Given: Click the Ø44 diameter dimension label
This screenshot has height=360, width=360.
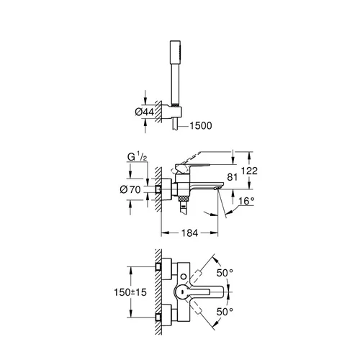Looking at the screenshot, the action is pyautogui.click(x=145, y=112).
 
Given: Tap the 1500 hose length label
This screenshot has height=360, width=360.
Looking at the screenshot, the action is pyautogui.click(x=201, y=126).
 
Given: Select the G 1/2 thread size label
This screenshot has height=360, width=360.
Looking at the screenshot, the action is pyautogui.click(x=137, y=157).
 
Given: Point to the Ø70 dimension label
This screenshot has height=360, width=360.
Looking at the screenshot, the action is pyautogui.click(x=130, y=189).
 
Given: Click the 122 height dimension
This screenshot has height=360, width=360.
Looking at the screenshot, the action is pyautogui.click(x=249, y=171).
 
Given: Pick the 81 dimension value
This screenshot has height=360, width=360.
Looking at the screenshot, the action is pyautogui.click(x=232, y=177).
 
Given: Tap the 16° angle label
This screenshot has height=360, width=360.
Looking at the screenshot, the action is pyautogui.click(x=246, y=201).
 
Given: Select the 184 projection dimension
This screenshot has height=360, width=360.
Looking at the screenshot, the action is pyautogui.click(x=189, y=233).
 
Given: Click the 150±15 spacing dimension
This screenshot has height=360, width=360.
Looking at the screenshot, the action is pyautogui.click(x=130, y=292).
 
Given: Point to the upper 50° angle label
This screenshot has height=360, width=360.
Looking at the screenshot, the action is pyautogui.click(x=225, y=273).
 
